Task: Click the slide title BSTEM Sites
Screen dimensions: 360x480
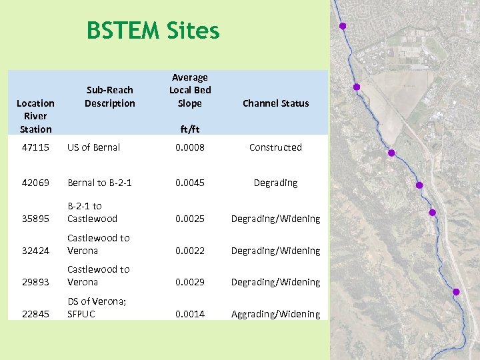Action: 153,31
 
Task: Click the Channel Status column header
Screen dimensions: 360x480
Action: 275,103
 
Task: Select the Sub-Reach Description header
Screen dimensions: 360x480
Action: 110,97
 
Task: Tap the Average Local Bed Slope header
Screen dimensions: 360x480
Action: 189,91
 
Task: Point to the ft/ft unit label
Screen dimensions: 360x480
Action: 189,129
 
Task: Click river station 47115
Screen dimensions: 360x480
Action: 35,147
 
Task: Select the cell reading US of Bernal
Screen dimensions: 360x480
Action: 93,147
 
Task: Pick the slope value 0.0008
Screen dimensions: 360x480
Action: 189,147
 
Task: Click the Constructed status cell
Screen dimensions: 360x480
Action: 275,147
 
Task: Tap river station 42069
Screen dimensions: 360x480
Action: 35,183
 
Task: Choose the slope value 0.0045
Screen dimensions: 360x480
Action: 189,183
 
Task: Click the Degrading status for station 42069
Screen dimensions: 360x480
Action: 275,183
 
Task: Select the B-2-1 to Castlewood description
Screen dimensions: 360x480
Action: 92,212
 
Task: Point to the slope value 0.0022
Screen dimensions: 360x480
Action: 189,251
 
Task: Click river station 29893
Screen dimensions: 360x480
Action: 35,282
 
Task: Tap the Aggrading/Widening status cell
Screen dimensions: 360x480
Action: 275,314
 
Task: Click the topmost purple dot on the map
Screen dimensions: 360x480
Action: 343,26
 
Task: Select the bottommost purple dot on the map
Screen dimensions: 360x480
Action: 456,292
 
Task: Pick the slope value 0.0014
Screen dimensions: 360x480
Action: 189,314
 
